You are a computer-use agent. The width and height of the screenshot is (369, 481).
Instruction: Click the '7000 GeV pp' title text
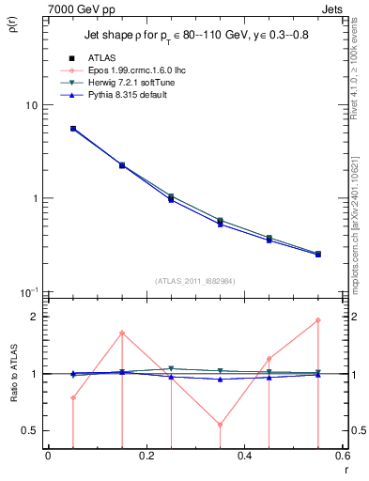[83, 8]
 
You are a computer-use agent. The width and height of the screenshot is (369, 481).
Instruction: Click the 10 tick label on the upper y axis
[30, 105]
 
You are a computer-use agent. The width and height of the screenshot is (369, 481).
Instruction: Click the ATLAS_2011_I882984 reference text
[195, 281]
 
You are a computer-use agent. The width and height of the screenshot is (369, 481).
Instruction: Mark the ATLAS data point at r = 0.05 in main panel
[73, 129]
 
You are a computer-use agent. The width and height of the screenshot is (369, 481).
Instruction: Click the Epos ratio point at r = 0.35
[220, 425]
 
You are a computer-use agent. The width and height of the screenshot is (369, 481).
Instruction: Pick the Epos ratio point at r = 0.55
[318, 320]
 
